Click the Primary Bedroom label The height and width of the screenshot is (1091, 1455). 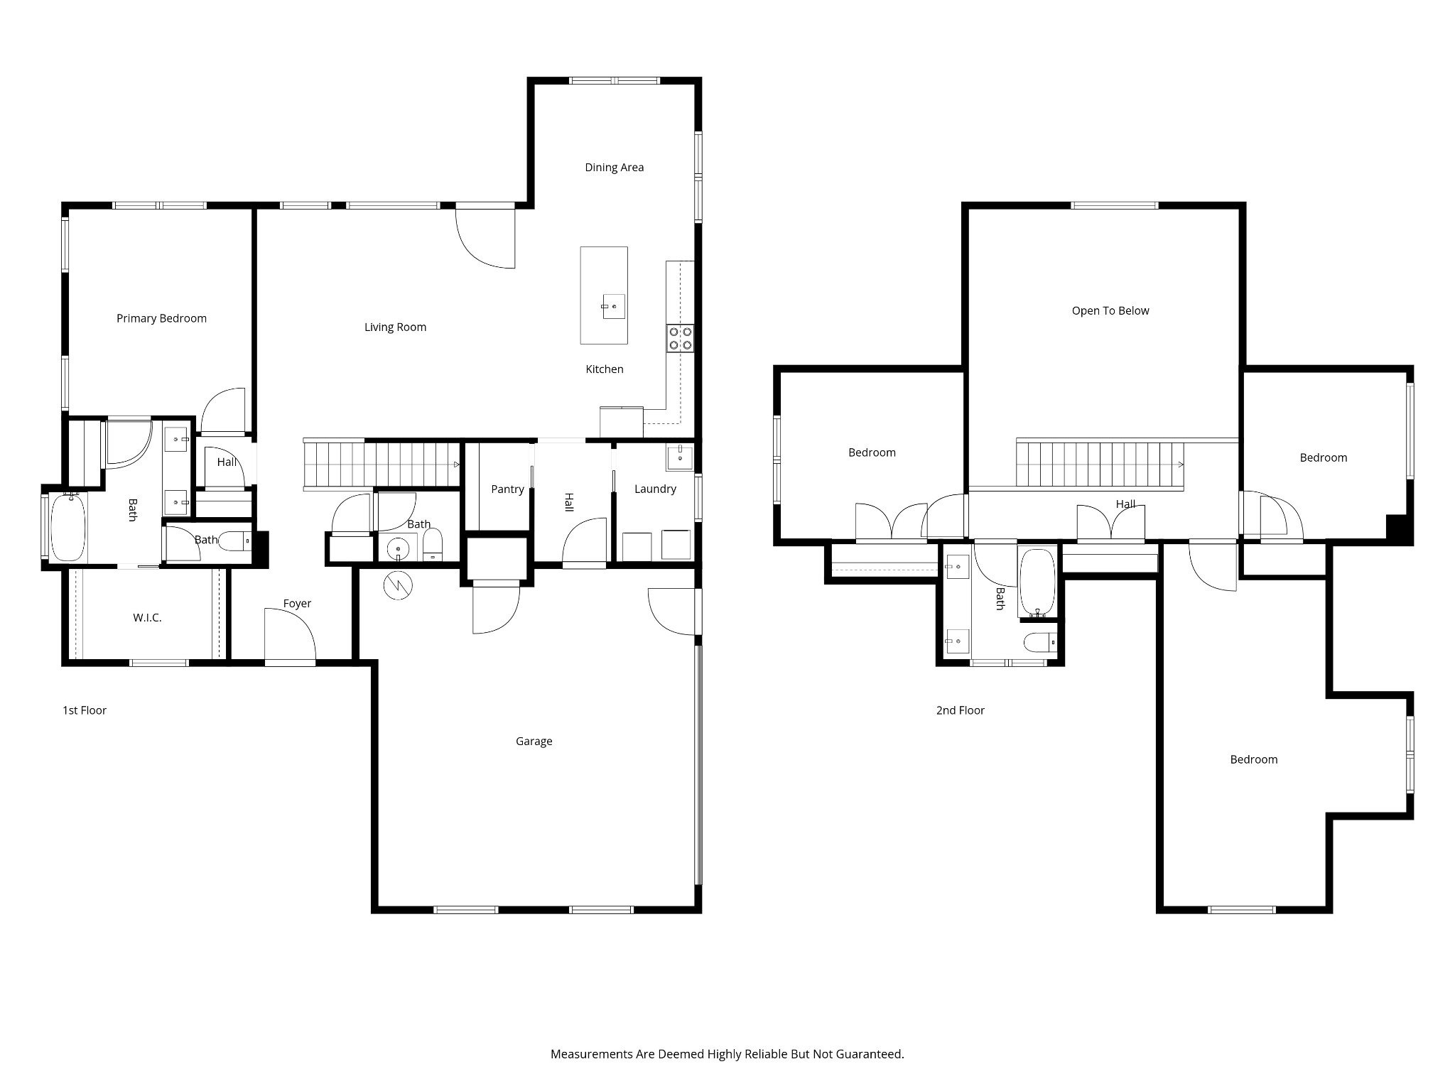click(x=161, y=318)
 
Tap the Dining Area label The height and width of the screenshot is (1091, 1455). click(x=614, y=168)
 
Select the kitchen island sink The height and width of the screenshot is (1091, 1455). click(x=614, y=306)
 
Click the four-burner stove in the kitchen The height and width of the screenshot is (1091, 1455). click(x=680, y=338)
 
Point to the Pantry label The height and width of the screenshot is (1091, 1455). click(x=507, y=489)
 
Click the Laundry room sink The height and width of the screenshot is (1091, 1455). click(x=680, y=457)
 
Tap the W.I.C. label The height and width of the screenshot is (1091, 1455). click(x=147, y=618)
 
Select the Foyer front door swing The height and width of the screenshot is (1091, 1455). click(x=291, y=636)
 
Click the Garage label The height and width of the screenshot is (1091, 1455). click(x=534, y=742)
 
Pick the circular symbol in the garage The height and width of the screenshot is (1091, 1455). click(x=398, y=585)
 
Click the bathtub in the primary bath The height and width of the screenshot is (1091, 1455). click(x=67, y=528)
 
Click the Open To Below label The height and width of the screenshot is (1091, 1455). click(x=1110, y=311)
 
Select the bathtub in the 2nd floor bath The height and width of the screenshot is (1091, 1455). click(x=1038, y=582)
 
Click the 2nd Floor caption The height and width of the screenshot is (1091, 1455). click(x=961, y=710)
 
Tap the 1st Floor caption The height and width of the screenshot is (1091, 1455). click(x=85, y=710)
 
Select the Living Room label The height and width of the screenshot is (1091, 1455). click(x=395, y=327)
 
